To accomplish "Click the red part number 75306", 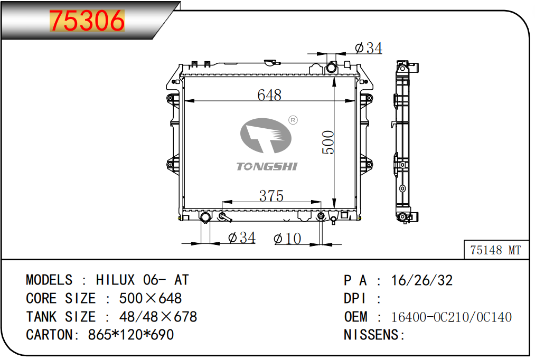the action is (87, 21).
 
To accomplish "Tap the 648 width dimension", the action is (269, 95).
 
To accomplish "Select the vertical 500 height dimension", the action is (328, 142).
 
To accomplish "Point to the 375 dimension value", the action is (271, 196).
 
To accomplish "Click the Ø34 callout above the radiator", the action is (369, 48).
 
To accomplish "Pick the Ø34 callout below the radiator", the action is (242, 238).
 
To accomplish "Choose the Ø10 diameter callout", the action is (287, 239).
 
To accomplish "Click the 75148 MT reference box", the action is (496, 250).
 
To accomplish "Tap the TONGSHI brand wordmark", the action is (267, 166).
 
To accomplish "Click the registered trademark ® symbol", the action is (293, 120).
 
